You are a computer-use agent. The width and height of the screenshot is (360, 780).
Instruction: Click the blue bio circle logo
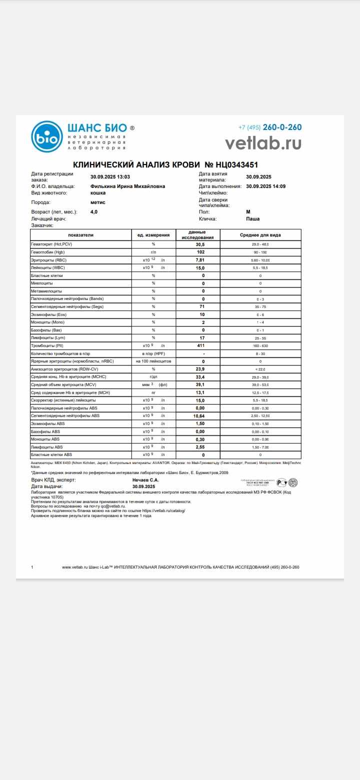[x=46, y=136]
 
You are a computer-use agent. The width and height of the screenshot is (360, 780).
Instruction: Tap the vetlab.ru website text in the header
[x=263, y=143]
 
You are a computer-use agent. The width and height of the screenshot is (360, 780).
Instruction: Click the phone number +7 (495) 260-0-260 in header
[x=270, y=127]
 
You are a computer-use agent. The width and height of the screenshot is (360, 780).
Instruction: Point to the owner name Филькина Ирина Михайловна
[x=127, y=186]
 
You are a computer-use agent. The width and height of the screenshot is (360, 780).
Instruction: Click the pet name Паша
[x=253, y=218]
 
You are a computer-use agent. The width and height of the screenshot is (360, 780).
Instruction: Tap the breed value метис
[x=98, y=202]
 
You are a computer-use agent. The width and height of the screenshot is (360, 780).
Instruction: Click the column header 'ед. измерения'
[x=153, y=234]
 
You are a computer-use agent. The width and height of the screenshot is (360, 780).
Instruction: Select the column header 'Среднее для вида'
[x=260, y=234]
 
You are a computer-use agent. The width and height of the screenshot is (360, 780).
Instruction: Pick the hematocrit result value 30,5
[x=200, y=244]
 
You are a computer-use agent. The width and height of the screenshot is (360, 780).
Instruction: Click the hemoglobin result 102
[x=200, y=252]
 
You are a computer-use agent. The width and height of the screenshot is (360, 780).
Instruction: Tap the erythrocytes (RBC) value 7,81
[x=200, y=260]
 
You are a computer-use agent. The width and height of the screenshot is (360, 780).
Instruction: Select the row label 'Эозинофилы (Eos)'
[x=48, y=314]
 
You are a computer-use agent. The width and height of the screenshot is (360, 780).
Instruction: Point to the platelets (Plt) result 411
[x=200, y=345]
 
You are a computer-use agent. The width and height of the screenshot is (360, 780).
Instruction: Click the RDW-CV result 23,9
[x=200, y=369]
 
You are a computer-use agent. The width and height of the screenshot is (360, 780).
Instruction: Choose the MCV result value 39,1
[x=200, y=384]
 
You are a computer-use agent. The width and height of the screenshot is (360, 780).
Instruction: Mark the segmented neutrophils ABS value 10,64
[x=200, y=415]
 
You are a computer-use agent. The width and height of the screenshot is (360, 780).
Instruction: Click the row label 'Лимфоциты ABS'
[x=47, y=447]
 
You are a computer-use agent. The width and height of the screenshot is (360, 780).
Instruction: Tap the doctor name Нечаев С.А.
[x=145, y=480]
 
